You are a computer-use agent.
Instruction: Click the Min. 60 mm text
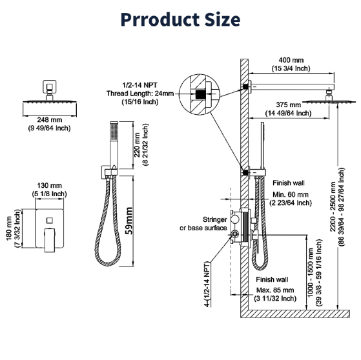(x=290, y=198)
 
